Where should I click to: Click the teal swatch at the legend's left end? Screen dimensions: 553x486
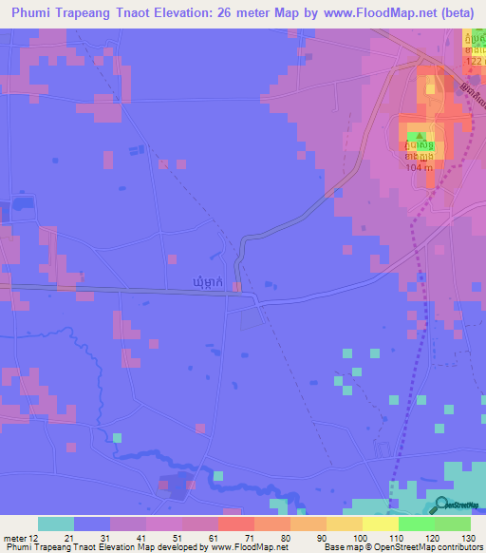pos(56,524)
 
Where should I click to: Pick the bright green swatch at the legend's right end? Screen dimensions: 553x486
pos(453,524)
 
